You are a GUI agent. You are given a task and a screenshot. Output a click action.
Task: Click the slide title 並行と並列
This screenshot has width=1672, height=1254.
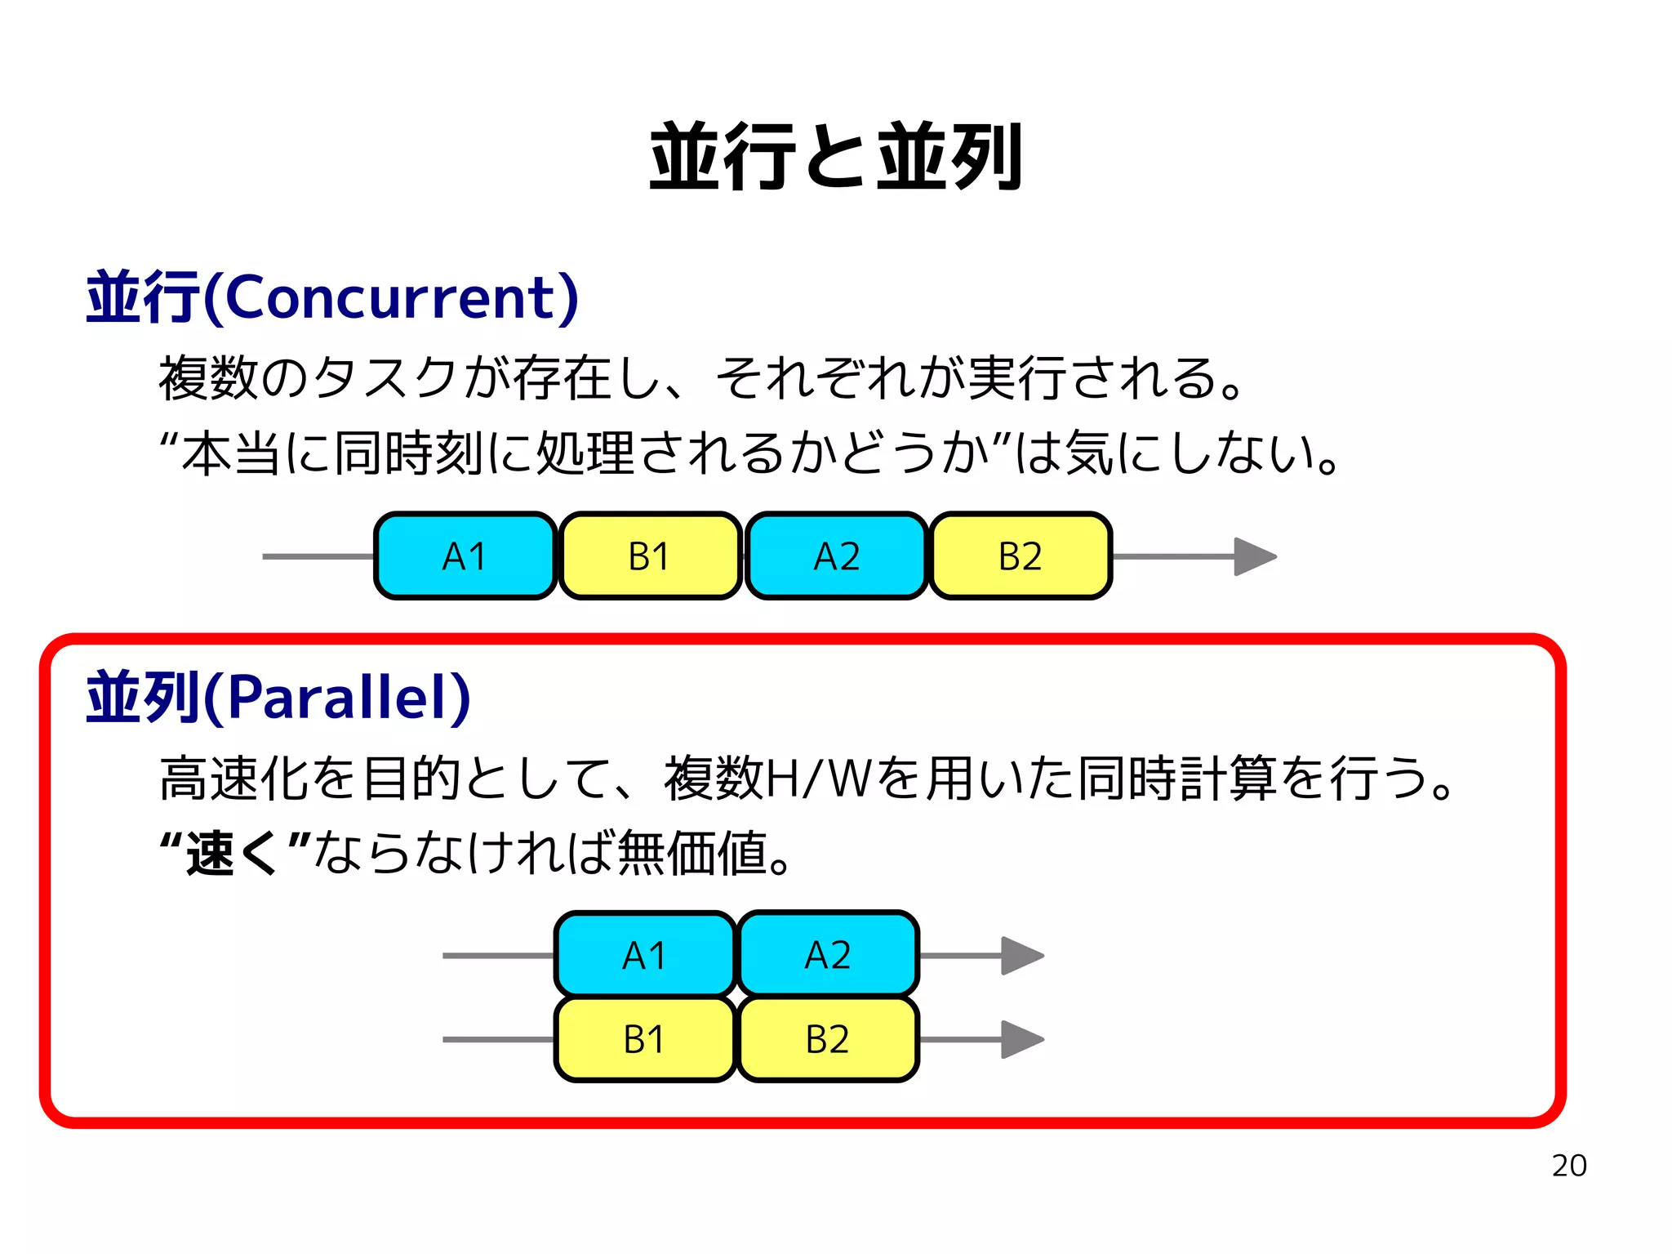coord(835,157)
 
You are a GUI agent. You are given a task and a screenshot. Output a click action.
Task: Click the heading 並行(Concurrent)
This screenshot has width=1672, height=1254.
coord(332,297)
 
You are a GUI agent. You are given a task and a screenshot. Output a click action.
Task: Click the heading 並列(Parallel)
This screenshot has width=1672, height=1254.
coord(278,697)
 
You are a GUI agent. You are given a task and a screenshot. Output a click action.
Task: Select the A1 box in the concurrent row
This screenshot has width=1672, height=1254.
coord(465,556)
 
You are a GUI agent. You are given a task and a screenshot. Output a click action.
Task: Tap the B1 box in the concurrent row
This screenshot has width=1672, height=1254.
coord(650,556)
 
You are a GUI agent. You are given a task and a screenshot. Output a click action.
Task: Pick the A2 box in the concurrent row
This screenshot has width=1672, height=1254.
coord(836,556)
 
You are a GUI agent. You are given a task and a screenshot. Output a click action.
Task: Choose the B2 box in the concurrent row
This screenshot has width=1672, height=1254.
coord(1021,556)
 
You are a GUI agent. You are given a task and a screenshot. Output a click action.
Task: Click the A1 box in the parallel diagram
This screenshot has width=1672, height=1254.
coord(645,955)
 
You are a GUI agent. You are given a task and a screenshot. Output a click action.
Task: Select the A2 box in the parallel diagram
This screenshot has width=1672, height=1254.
coord(828,955)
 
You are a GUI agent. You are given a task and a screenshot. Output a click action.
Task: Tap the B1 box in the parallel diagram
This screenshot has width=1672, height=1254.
coord(645,1039)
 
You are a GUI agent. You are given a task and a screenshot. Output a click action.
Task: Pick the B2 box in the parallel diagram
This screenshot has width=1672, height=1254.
coord(828,1039)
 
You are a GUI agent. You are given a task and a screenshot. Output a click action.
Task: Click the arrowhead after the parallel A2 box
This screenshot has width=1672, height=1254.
coord(1022,955)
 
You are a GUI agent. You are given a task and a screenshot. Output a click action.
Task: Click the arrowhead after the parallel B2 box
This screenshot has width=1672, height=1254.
coord(1022,1039)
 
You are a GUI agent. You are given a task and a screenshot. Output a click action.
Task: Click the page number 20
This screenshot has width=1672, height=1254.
coord(1568,1166)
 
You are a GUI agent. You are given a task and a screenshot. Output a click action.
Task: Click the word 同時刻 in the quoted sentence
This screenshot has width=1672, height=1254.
coord(411,454)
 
